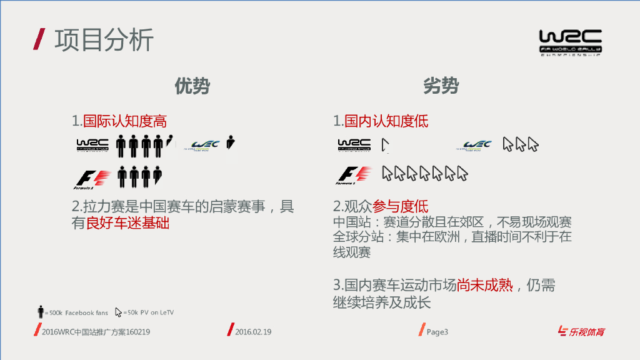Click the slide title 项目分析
(104, 40)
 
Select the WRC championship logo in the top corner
(570, 42)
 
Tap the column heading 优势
(192, 86)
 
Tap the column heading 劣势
(441, 86)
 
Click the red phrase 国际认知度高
(125, 121)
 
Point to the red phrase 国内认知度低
(386, 121)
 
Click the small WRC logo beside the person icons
(92, 145)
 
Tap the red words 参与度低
(400, 206)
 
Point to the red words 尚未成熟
(484, 286)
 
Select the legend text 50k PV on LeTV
(148, 312)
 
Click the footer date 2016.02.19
(253, 332)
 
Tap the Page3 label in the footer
(437, 332)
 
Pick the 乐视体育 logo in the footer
(581, 332)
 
